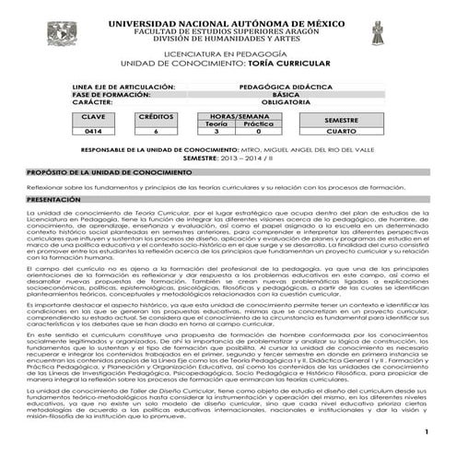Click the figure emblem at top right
[378, 35]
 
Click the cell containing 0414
[94, 132]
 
